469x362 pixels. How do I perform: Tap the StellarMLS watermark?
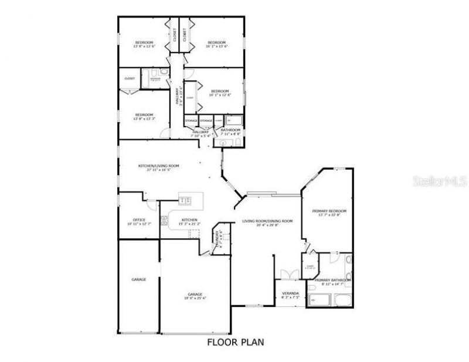[444, 182]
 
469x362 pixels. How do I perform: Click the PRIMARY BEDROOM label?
[329, 211]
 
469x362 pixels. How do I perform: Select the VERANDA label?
[291, 293]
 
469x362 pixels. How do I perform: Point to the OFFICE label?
[139, 220]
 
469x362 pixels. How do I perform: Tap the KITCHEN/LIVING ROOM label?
[158, 166]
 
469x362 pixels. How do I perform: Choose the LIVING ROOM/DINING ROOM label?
[267, 221]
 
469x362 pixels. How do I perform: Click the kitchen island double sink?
[185, 200]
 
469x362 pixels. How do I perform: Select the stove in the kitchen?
[195, 234]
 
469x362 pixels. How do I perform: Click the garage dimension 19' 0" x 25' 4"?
[195, 298]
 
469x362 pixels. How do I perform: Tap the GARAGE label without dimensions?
[139, 279]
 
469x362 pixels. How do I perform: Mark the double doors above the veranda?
[287, 275]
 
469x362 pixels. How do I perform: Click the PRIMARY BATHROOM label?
[332, 280]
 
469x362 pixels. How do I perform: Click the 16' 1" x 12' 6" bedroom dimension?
[220, 95]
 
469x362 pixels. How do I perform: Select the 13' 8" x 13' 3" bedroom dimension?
[144, 118]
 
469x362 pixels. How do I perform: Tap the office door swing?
[152, 206]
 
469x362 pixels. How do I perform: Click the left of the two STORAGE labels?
[191, 121]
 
